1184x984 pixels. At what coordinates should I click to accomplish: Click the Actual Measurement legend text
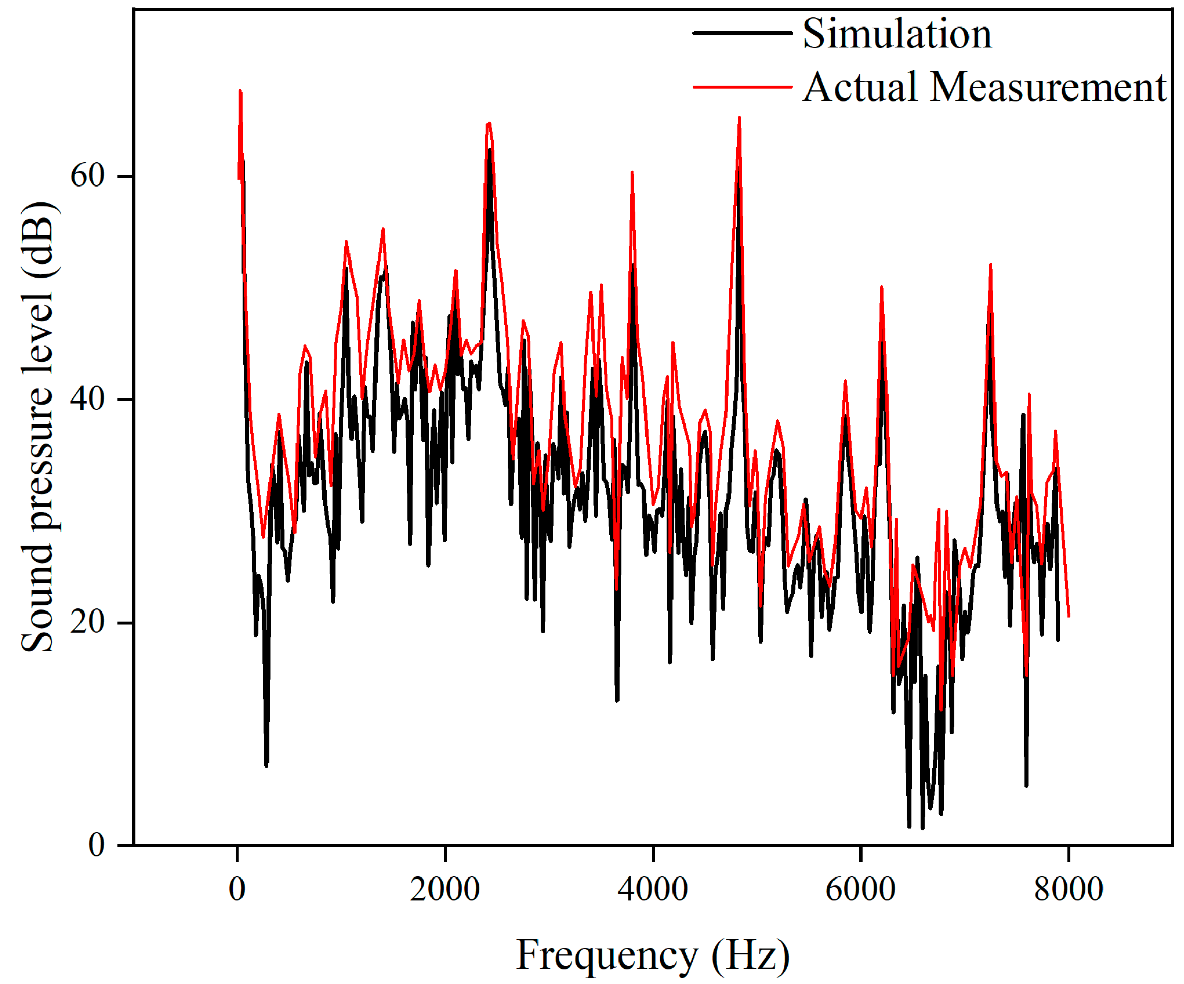984,88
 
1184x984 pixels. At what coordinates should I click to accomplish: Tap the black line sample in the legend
742,33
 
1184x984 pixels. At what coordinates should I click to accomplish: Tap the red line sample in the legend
742,87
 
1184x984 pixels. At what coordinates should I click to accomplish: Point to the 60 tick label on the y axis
88,176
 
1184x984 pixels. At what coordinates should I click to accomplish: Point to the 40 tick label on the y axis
88,399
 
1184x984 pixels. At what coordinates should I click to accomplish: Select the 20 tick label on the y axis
88,623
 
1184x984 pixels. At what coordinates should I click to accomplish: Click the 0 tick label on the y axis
96,845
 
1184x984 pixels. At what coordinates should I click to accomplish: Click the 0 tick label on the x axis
237,890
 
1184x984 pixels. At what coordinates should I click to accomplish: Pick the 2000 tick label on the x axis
445,890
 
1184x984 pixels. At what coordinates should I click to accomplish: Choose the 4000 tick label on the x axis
653,890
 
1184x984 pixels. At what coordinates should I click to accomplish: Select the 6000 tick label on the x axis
860,890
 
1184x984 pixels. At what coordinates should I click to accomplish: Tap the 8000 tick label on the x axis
1068,890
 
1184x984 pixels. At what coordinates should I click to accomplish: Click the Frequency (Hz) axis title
653,955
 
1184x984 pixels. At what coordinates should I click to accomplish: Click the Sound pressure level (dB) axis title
38,427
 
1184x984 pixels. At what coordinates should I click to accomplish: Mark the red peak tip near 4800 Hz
739,117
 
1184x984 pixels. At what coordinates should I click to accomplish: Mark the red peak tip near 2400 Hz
489,123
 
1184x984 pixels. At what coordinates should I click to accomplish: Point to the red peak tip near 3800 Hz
633,172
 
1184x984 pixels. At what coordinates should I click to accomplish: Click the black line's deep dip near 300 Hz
266,766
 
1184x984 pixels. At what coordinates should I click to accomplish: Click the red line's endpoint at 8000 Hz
1069,617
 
